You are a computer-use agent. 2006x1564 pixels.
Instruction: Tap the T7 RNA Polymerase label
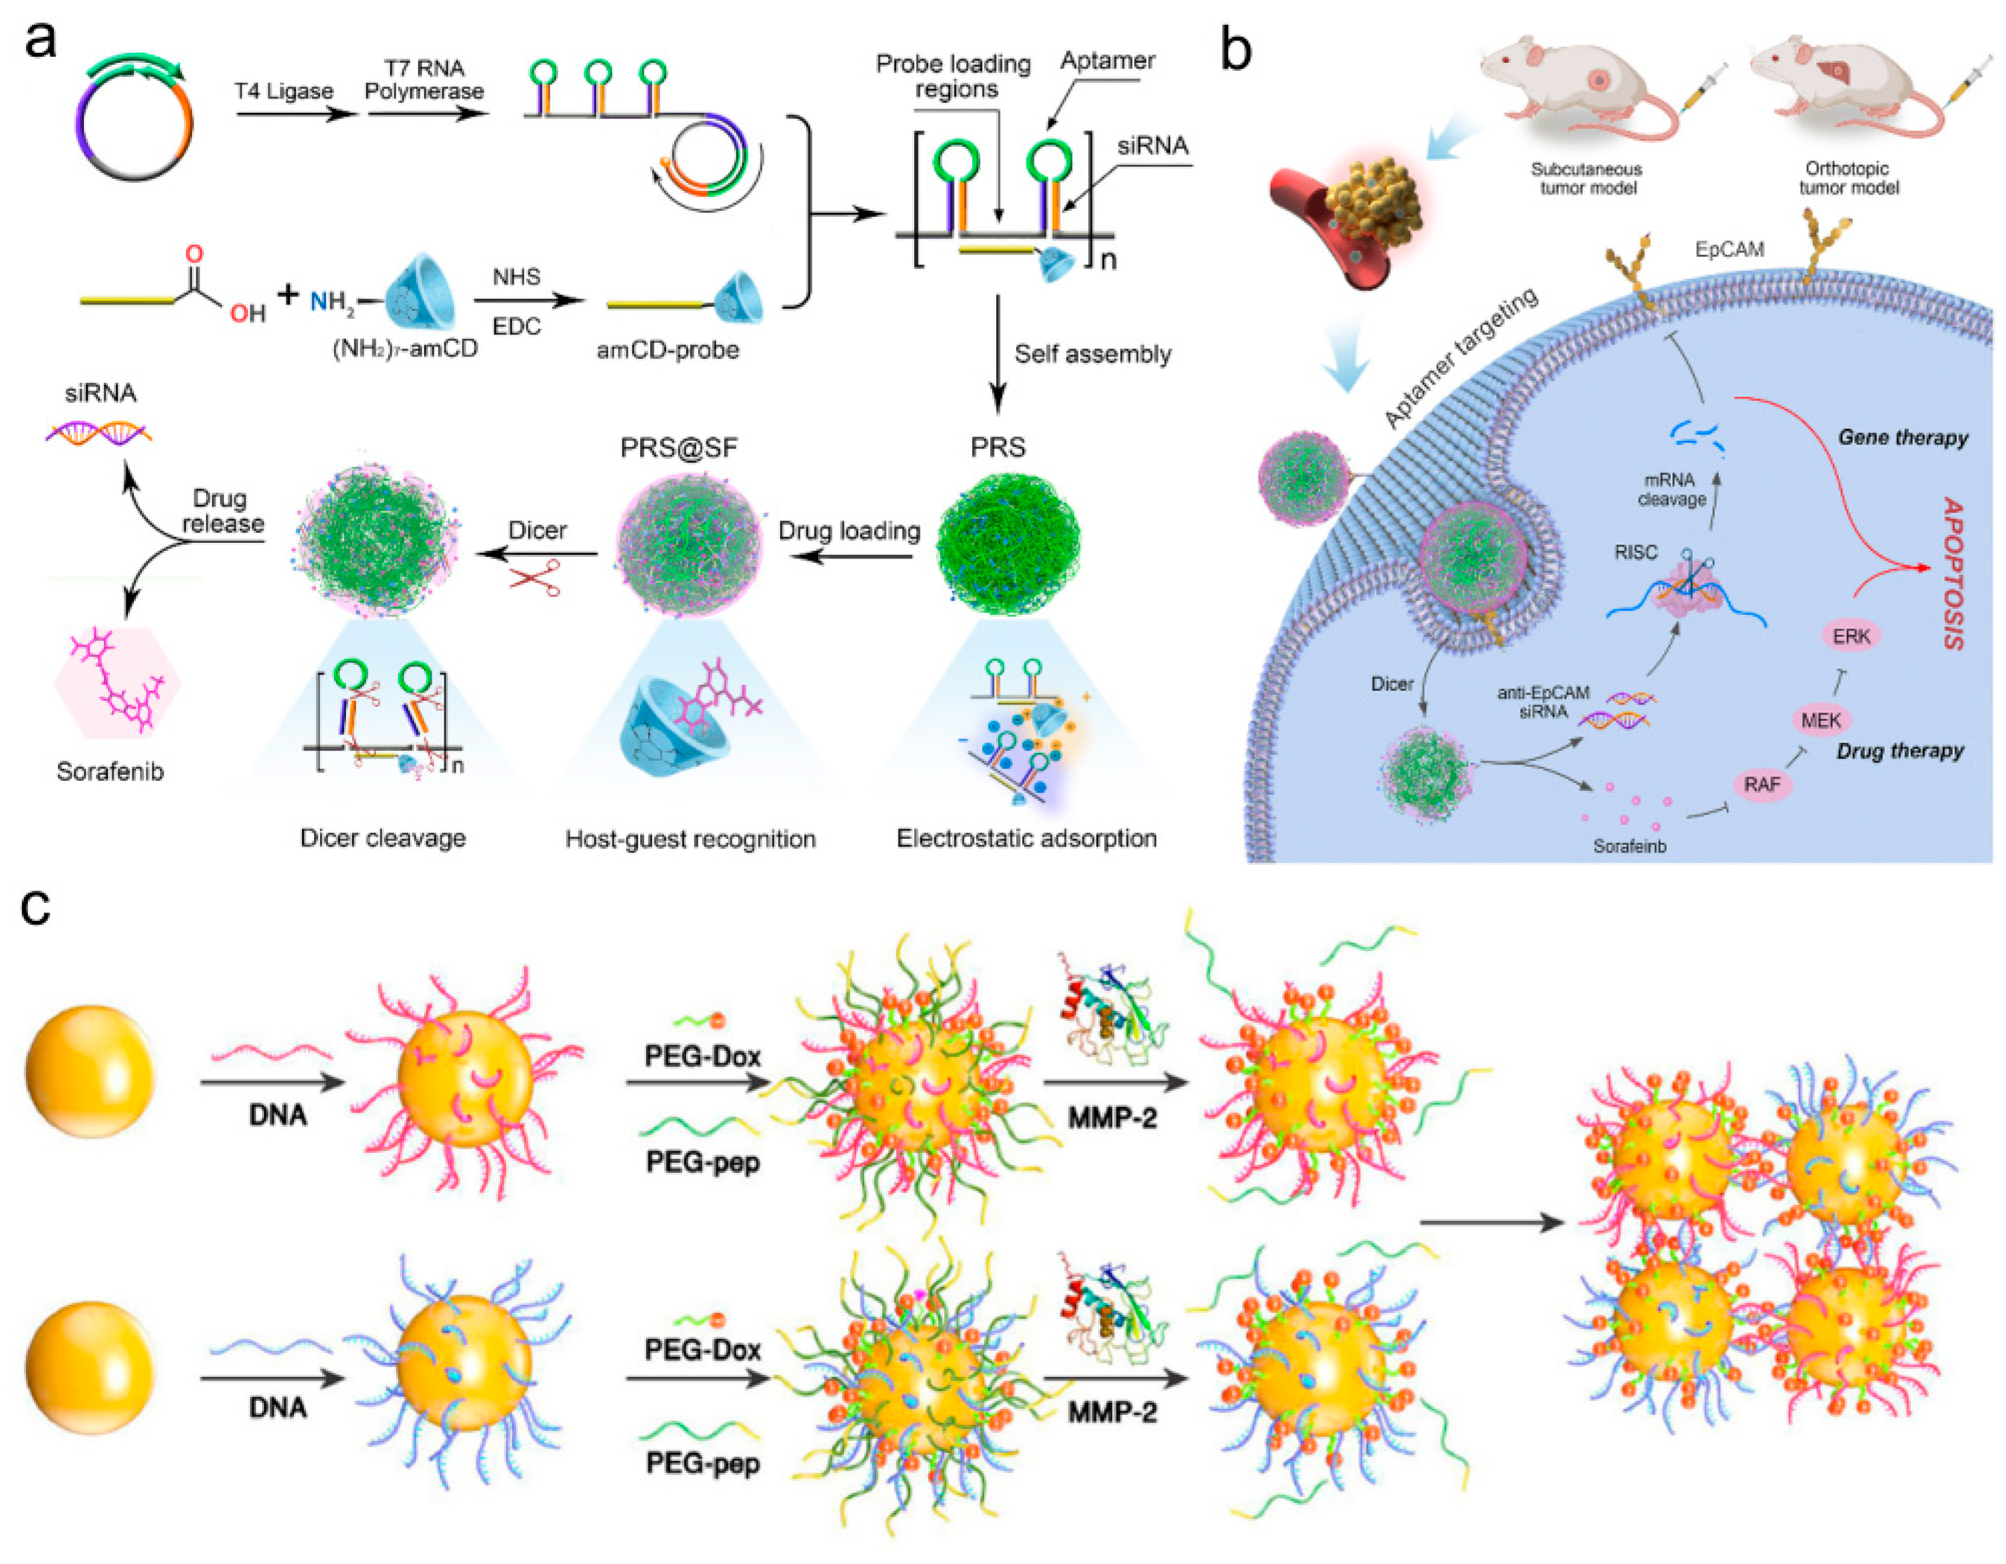point(425,80)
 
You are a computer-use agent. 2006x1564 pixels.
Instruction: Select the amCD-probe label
point(668,350)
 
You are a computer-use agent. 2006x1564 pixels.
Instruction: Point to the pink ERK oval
point(1851,635)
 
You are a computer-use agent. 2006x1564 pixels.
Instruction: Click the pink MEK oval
point(1821,720)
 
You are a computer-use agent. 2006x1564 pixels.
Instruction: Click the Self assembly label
point(1092,354)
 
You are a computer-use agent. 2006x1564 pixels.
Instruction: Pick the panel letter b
point(1235,51)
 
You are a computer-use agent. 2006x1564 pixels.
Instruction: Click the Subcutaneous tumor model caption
point(1587,178)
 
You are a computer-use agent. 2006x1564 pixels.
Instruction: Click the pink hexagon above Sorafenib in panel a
point(118,684)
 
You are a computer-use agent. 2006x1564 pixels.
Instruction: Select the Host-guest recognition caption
point(690,839)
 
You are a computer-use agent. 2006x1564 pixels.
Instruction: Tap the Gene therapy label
point(1902,438)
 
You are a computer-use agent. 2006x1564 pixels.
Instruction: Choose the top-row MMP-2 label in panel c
point(1111,1118)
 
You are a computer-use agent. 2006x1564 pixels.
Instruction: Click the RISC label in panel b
point(1636,552)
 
